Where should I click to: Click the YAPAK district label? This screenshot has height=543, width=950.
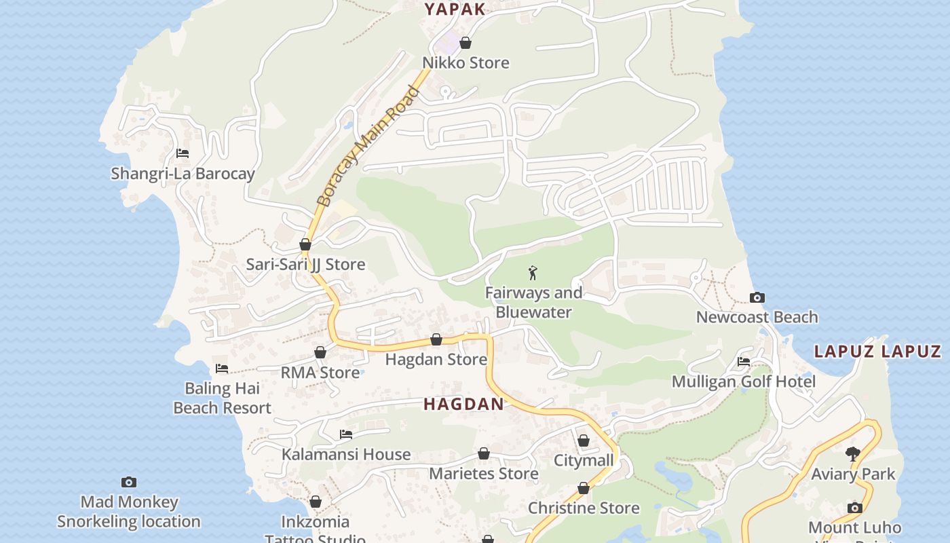(455, 9)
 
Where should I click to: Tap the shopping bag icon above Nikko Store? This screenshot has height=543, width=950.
(465, 43)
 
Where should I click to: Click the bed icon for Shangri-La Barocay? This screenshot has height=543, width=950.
(183, 153)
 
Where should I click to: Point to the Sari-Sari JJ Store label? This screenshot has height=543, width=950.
(305, 264)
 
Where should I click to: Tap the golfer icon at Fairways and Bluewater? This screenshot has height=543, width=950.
(533, 273)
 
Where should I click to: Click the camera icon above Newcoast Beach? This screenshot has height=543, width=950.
(757, 297)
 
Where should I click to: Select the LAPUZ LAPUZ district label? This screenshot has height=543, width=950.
(877, 352)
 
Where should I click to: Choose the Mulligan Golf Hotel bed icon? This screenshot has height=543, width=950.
(744, 362)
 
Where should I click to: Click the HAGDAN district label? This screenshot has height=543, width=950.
(464, 405)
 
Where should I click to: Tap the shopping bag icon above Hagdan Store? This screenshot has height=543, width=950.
(436, 339)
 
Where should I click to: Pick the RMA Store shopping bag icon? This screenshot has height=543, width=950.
(320, 352)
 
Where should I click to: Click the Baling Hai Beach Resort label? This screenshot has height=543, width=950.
(222, 398)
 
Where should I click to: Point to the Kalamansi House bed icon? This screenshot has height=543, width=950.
(346, 434)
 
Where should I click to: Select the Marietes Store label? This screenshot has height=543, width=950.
(484, 473)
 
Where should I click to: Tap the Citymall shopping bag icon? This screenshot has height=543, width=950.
(584, 441)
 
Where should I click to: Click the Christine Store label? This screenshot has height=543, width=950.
(584, 508)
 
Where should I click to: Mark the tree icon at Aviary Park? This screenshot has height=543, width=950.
(853, 454)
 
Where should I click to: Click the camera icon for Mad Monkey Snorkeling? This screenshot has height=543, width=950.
(129, 482)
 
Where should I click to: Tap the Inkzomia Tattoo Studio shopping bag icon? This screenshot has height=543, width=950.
(316, 502)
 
